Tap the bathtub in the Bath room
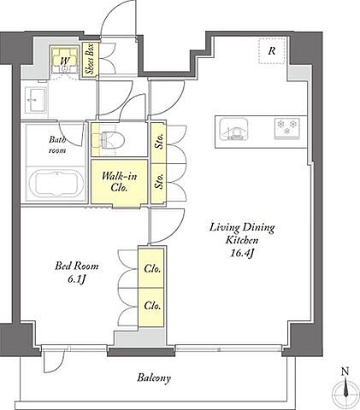[x=56, y=184]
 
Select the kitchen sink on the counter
[x=233, y=129]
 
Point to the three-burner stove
[x=287, y=128]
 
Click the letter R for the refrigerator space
[x=272, y=51]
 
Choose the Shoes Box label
[x=91, y=59]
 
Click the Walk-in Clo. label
[x=119, y=182]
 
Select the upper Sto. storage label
[x=159, y=141]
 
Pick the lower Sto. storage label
[x=159, y=180]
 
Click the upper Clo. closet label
[x=152, y=268]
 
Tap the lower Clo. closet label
[x=152, y=306]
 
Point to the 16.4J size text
[x=242, y=254]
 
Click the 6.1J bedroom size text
[x=77, y=279]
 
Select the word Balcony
[x=154, y=378]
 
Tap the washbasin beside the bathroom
[x=36, y=99]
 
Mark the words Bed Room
[x=77, y=266]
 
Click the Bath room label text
[x=57, y=144]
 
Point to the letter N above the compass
[x=345, y=372]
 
